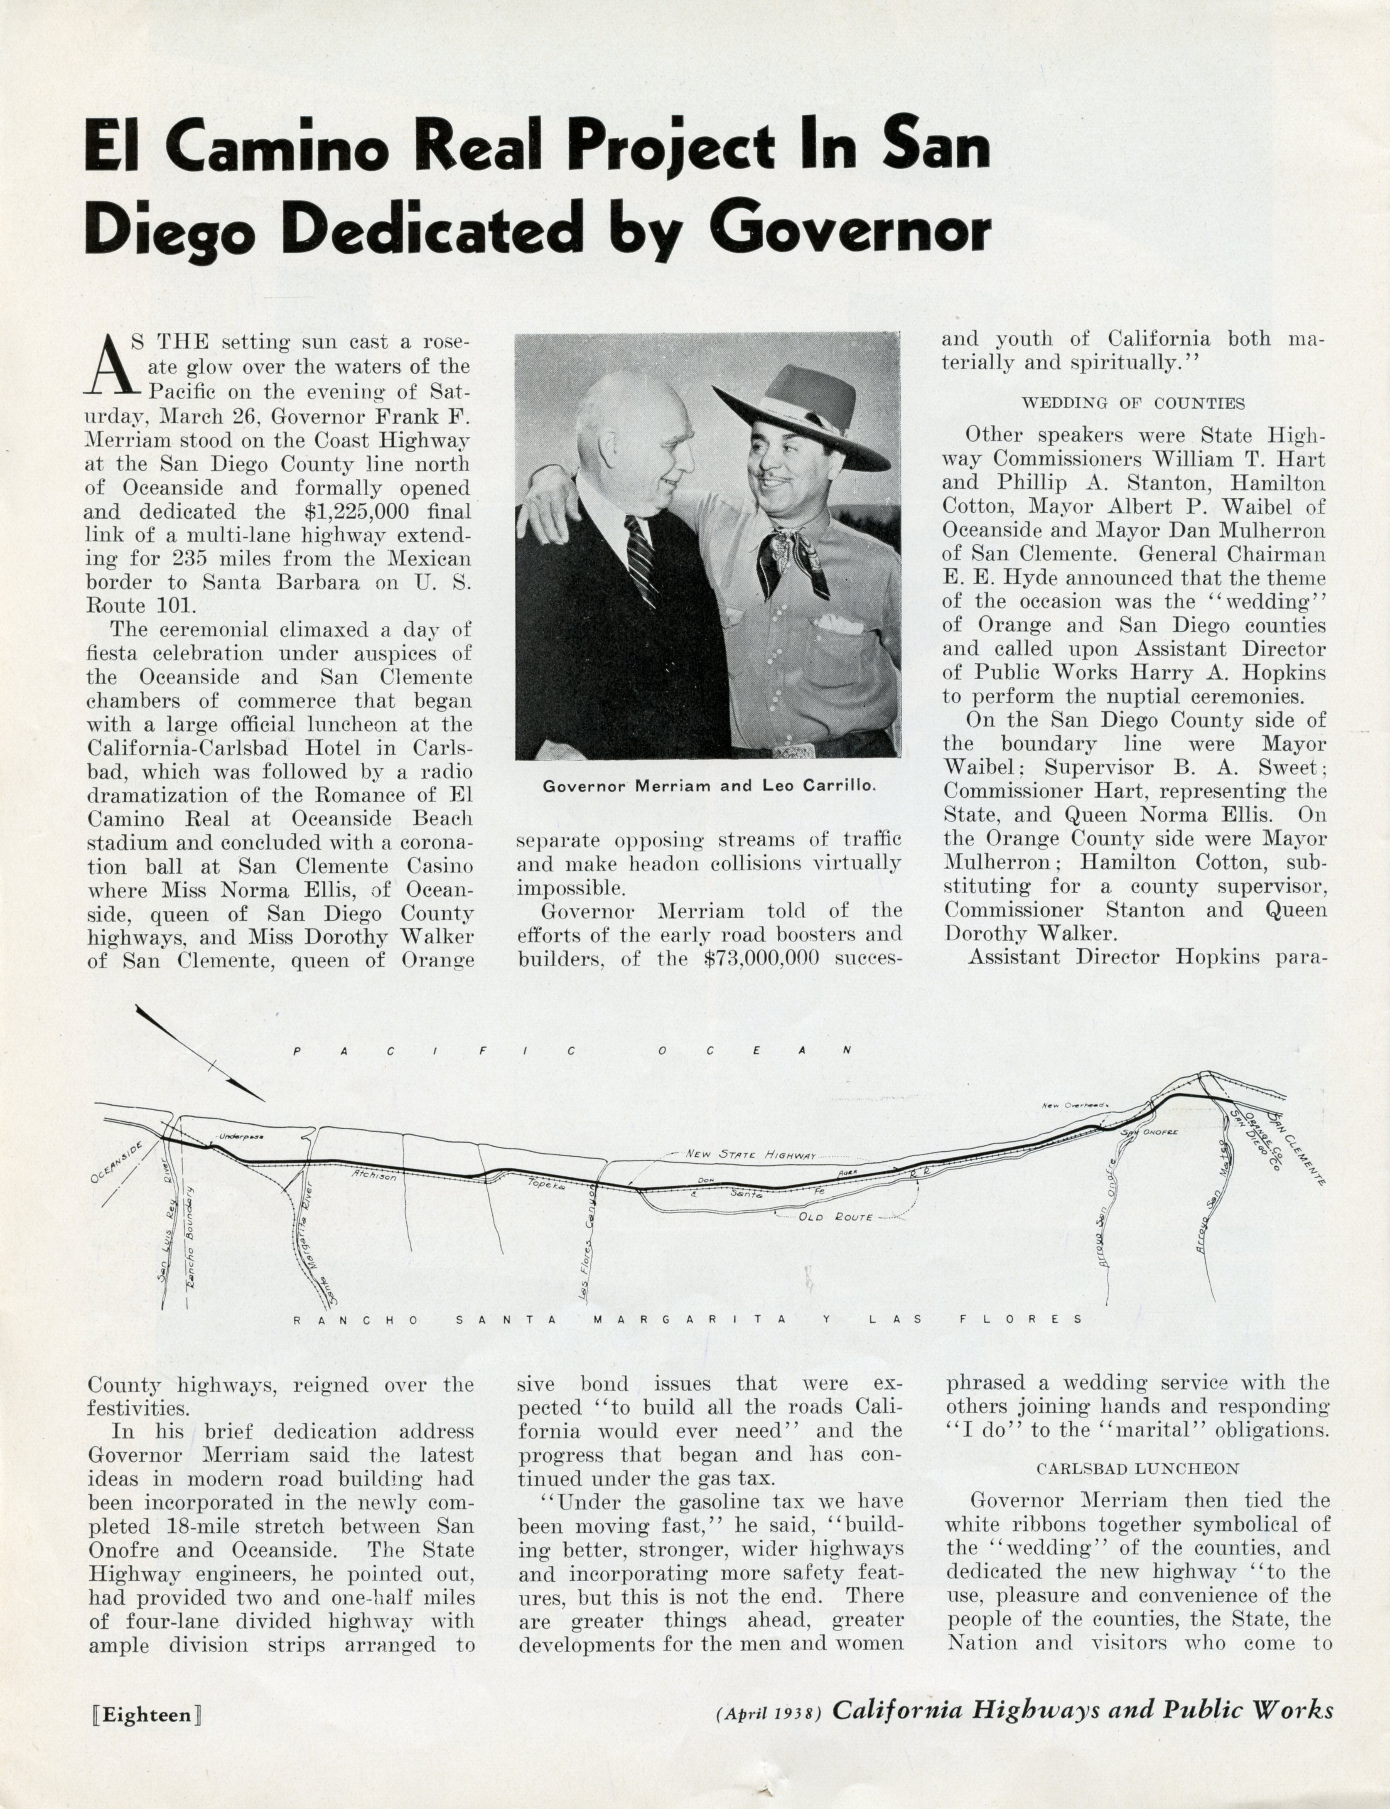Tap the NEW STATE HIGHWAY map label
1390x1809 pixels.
point(751,1154)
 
